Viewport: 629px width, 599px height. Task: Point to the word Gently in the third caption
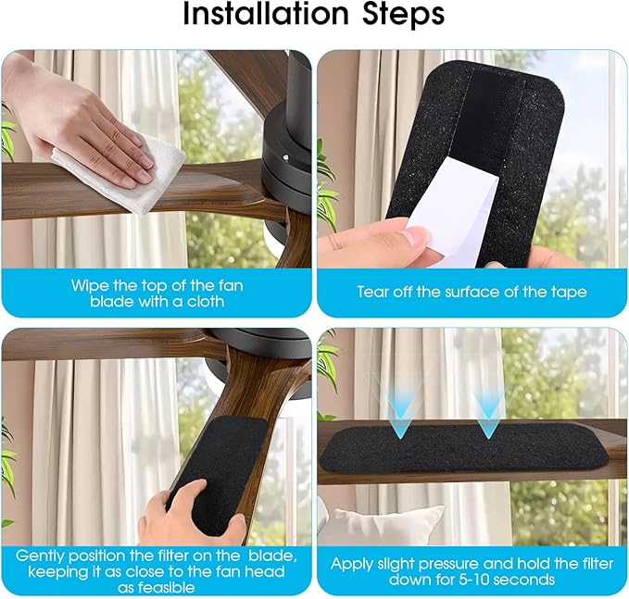(41, 555)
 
